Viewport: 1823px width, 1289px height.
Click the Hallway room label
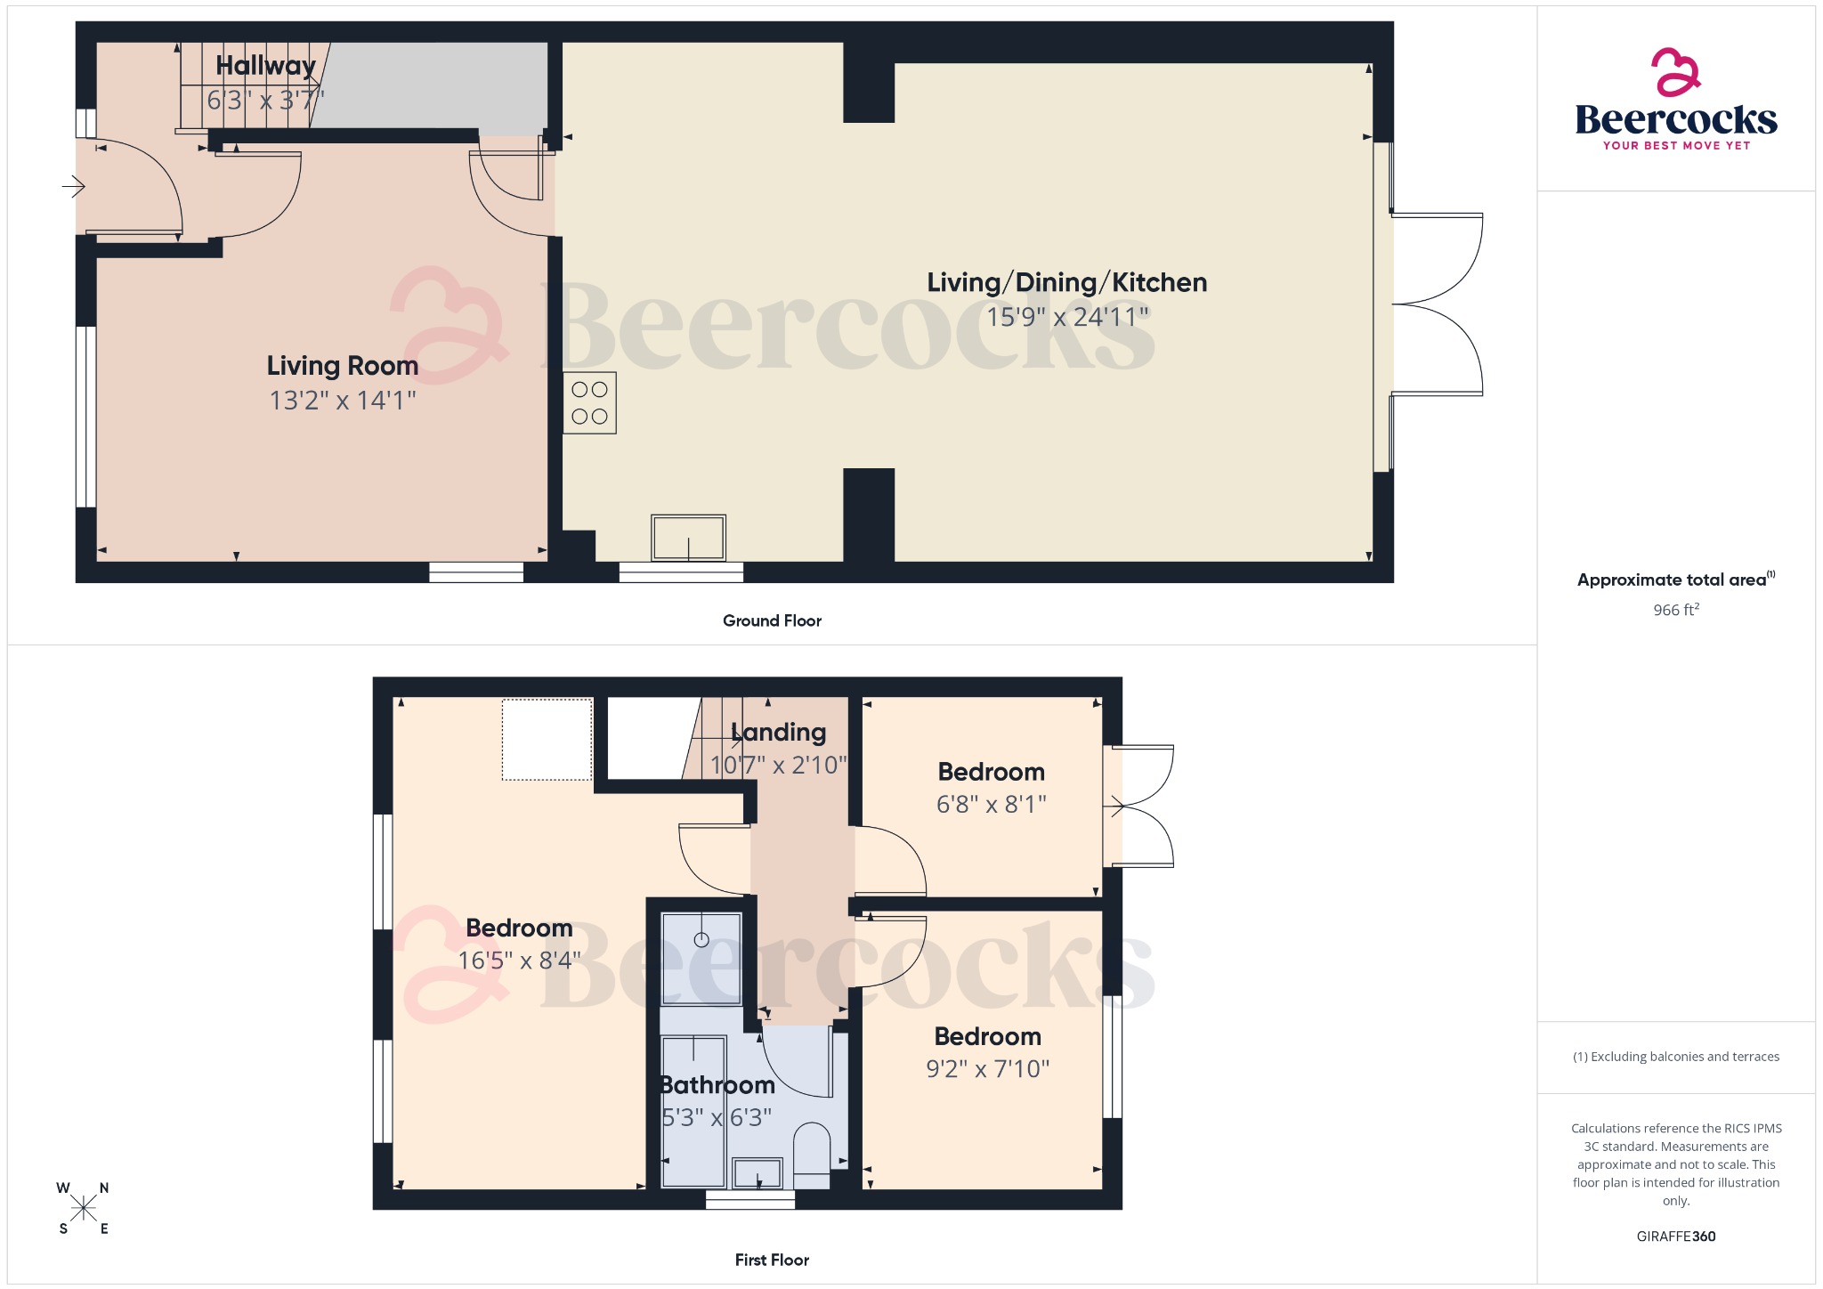point(265,66)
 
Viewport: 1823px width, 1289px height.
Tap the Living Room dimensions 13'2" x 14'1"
point(343,401)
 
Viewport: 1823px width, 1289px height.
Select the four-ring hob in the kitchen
point(589,402)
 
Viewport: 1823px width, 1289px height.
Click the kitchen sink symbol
point(688,538)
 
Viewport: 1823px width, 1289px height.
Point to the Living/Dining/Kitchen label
point(1066,283)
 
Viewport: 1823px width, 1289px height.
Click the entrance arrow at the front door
point(73,187)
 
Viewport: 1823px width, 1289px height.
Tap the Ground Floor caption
point(772,620)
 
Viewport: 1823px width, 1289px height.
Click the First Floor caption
point(772,1260)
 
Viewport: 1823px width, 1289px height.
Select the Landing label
point(779,733)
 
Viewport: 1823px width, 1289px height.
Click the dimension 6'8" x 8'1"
point(991,805)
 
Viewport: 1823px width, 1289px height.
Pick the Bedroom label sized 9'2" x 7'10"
point(987,1037)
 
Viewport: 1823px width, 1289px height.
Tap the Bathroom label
point(717,1085)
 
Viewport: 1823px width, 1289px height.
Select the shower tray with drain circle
point(701,958)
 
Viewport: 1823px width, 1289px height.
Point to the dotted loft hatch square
point(547,740)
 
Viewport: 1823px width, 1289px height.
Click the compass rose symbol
point(84,1208)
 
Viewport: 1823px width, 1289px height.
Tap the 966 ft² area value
point(1675,610)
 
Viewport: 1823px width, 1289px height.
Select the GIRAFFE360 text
point(1675,1236)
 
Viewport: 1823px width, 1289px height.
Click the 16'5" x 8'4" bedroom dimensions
point(519,961)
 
